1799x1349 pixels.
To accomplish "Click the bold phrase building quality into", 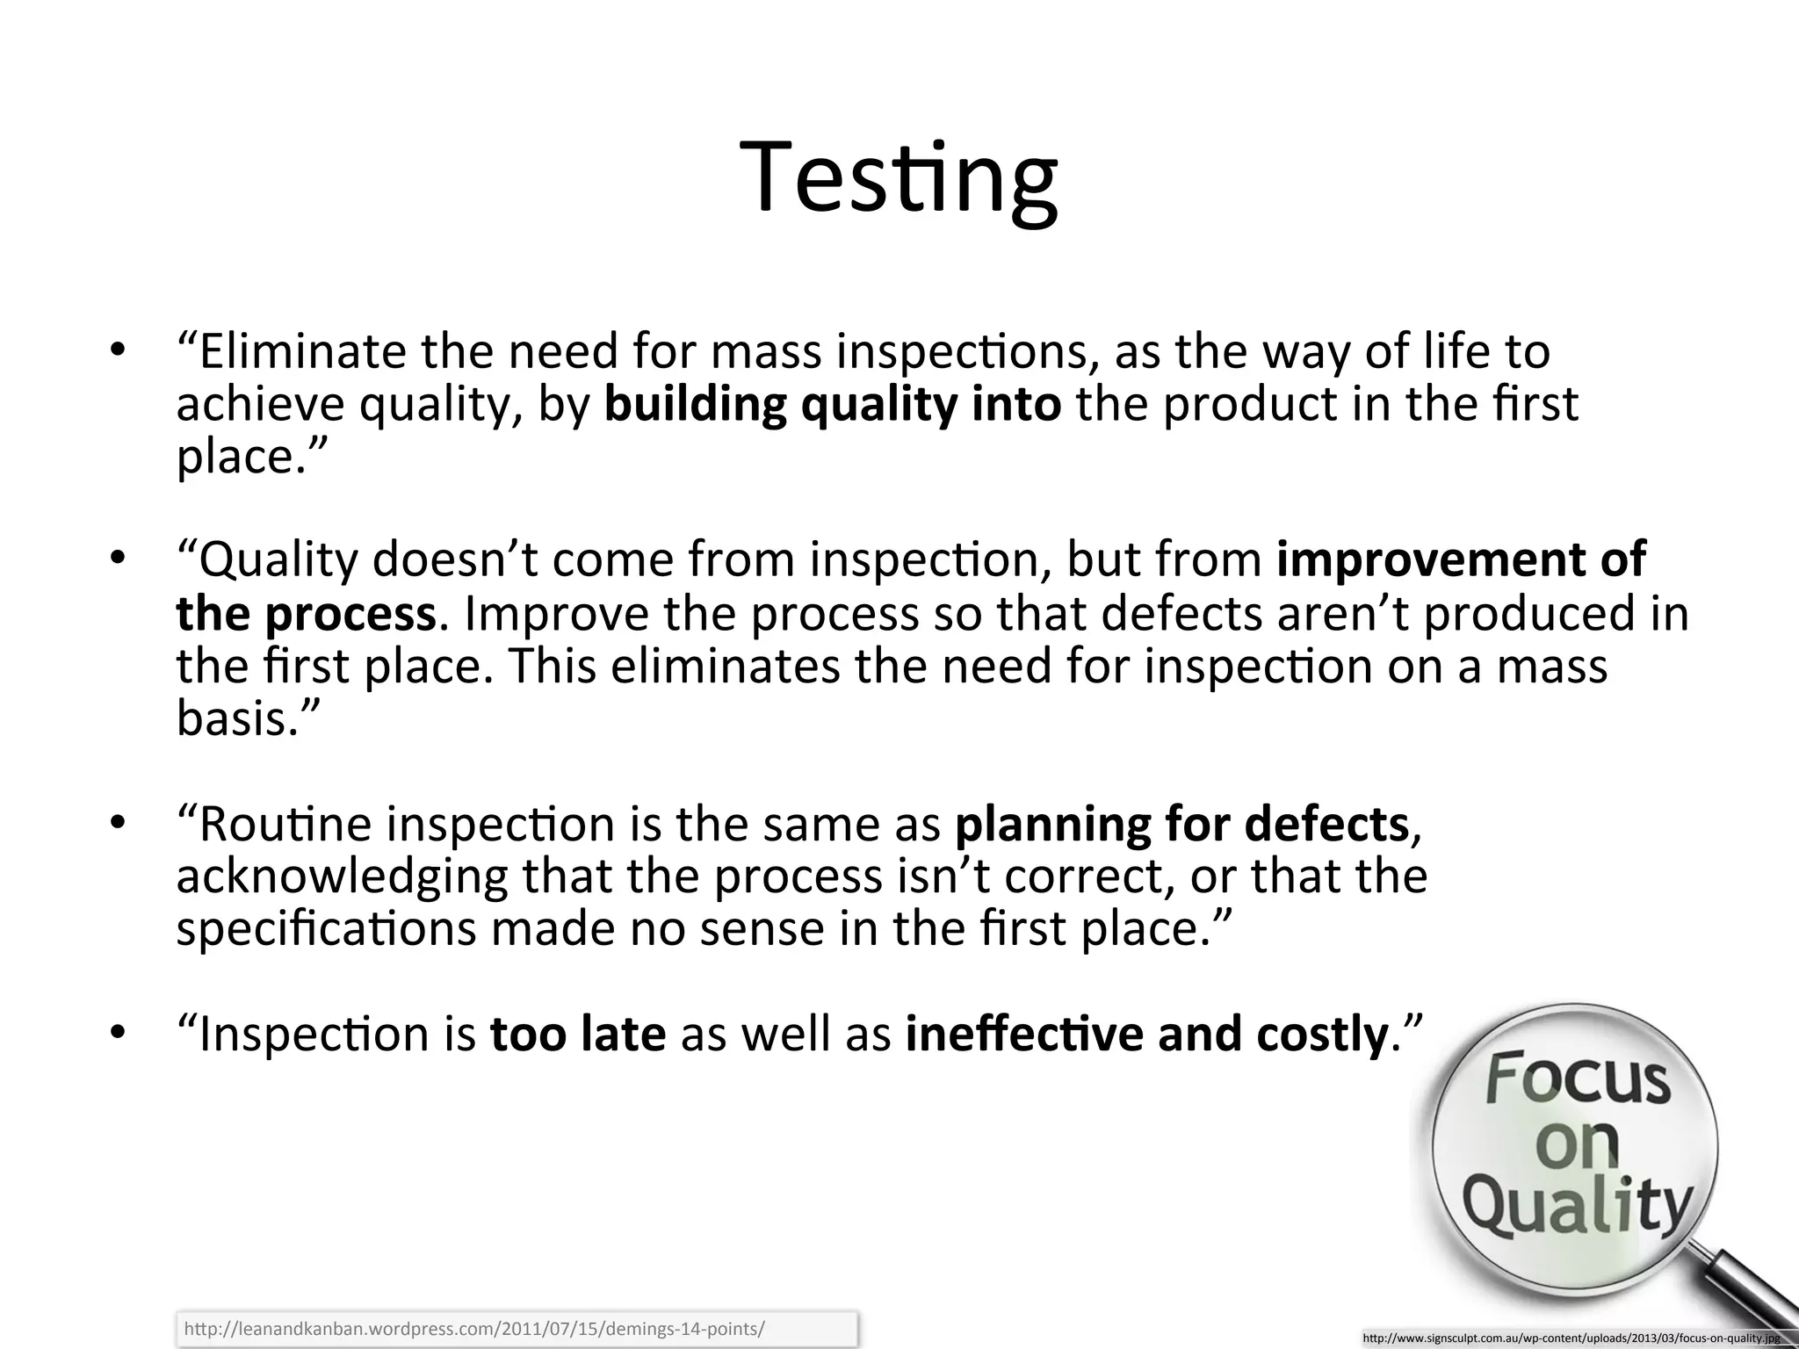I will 833,405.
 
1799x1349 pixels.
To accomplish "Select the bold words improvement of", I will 1461,559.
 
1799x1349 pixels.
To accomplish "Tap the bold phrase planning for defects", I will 1181,824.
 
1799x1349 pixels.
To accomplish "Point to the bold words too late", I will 577,1034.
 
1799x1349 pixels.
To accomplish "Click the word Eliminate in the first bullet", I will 302,352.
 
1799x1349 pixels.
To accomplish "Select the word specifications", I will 326,929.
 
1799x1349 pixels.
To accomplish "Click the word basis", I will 231,718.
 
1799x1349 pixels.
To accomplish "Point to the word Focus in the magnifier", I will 1578,1079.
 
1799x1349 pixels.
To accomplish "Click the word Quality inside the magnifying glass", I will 1577,1206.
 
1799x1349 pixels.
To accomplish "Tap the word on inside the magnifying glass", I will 1577,1143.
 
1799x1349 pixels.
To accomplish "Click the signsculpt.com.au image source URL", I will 1571,1338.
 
